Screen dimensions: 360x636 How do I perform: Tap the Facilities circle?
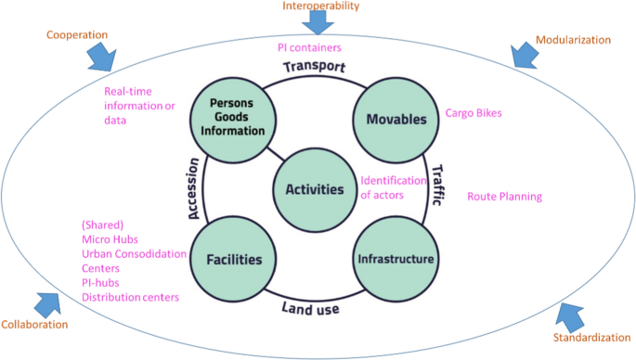point(234,259)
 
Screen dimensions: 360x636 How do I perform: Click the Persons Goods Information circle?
point(234,118)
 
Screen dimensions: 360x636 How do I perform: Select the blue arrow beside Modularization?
point(523,55)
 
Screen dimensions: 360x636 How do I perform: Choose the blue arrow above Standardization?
point(575,318)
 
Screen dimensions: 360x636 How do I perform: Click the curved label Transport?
point(314,68)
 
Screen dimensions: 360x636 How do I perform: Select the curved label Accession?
point(194,188)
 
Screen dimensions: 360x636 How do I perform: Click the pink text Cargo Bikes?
point(474,113)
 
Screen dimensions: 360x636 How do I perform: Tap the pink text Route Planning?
point(504,197)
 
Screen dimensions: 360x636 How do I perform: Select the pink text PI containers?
point(309,47)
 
